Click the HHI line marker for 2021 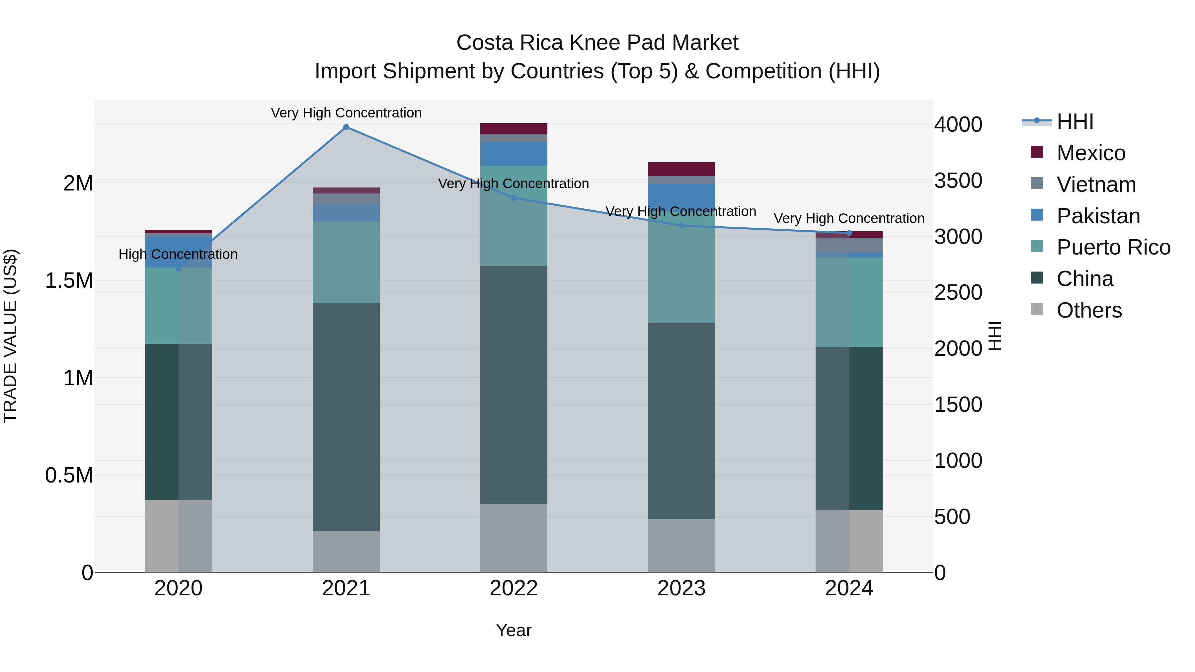pos(346,127)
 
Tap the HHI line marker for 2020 pos(179,268)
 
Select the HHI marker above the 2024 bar pos(849,233)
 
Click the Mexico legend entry pos(1091,153)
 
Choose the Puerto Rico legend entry pos(1113,247)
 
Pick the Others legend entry pos(1089,310)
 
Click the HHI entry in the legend pos(1075,121)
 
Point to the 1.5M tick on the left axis pos(69,280)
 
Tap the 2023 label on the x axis pos(681,588)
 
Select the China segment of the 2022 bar pos(514,385)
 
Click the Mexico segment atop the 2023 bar pos(681,169)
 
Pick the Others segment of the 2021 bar pos(346,552)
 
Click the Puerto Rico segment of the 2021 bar pos(346,262)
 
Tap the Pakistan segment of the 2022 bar pos(514,154)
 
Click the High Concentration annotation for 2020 pos(178,254)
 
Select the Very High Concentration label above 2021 pos(346,113)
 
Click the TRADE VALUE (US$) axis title pos(10,336)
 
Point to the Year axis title pos(514,630)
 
